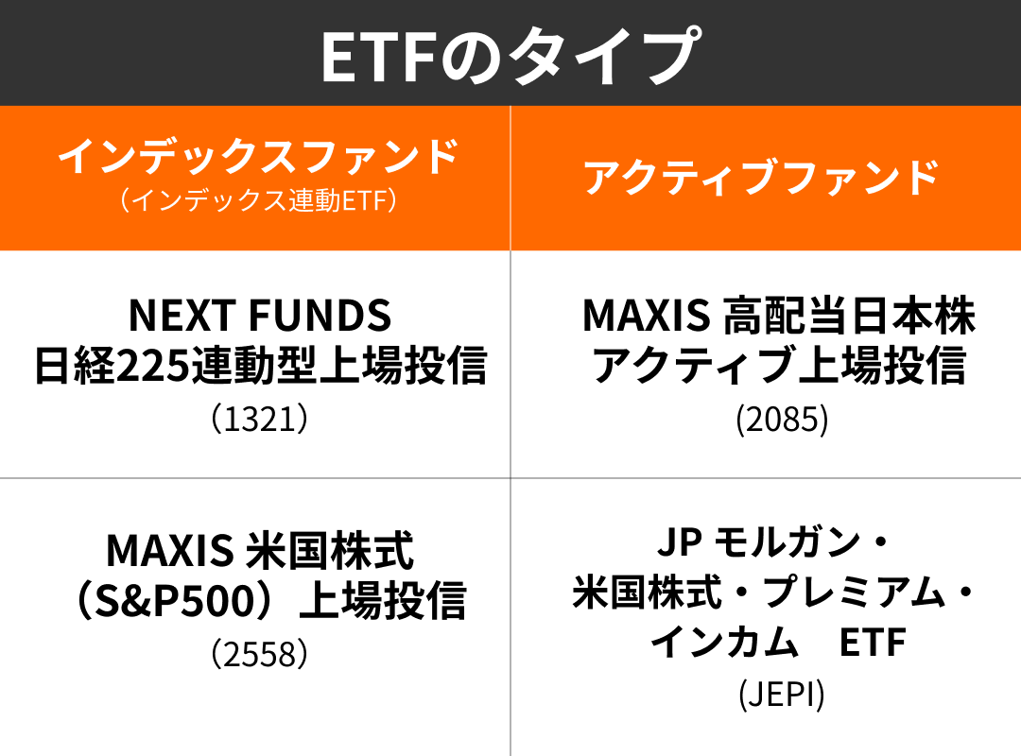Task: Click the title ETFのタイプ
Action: click(x=510, y=54)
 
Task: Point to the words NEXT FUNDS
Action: click(x=259, y=316)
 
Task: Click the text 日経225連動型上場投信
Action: click(x=259, y=367)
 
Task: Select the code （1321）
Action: click(x=259, y=419)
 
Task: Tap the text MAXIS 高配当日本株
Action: click(x=779, y=316)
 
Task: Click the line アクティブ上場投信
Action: click(x=779, y=367)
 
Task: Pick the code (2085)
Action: click(x=782, y=420)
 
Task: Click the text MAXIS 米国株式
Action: click(x=259, y=548)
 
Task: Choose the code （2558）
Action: click(x=259, y=653)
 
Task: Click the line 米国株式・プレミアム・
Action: click(x=773, y=594)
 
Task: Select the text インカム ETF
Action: click(x=779, y=644)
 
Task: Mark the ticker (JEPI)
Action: click(x=782, y=695)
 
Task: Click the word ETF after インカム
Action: click(x=873, y=644)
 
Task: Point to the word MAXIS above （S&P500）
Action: click(x=170, y=548)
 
